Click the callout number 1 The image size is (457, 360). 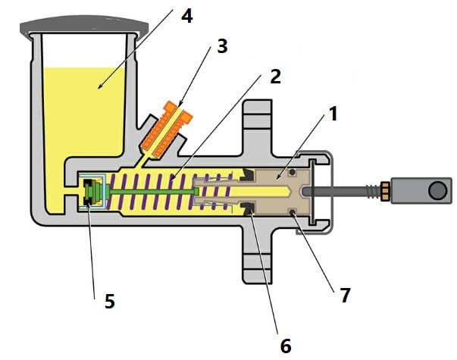click(333, 114)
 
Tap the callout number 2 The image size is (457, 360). click(275, 77)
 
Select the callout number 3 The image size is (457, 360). click(222, 46)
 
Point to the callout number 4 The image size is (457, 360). click(187, 16)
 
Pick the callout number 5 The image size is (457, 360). click(110, 301)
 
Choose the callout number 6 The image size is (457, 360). click(285, 346)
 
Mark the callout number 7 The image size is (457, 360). click(345, 295)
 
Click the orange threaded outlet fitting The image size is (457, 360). click(167, 129)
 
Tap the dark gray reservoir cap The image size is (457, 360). click(84, 27)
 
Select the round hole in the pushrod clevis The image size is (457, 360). click(437, 190)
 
